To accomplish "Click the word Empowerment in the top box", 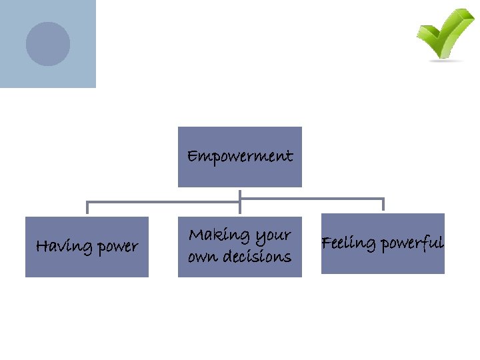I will point(239,157).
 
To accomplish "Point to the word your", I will point(273,236).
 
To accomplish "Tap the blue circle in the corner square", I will point(48,44).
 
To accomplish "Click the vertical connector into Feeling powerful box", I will point(383,205).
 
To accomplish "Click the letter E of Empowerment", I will point(192,157).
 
